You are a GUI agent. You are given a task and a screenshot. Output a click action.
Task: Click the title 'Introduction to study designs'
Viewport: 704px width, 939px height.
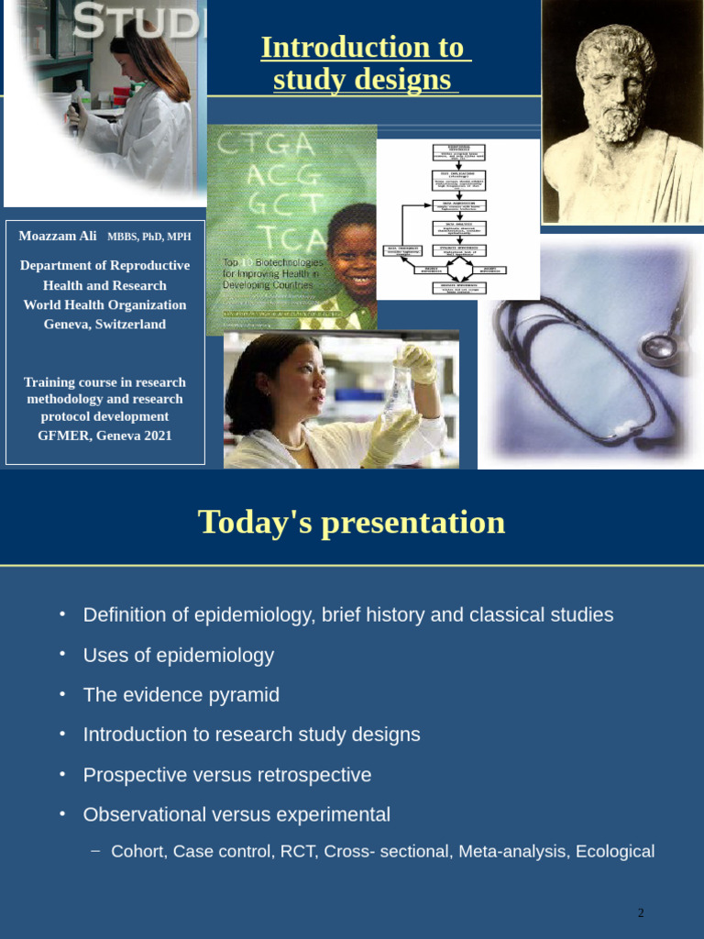coord(365,63)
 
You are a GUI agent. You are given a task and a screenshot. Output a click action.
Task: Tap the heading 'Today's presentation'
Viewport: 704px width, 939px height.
coord(352,522)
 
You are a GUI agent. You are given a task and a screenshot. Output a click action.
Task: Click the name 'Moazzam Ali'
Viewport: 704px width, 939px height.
coord(58,236)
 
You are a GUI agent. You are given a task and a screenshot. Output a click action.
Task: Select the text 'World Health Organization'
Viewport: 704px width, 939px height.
coord(104,304)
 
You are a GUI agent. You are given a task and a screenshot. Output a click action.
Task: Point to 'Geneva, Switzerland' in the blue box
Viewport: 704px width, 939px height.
coord(104,324)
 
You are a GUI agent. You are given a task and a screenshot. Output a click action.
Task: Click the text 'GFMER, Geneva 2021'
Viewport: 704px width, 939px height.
coord(104,435)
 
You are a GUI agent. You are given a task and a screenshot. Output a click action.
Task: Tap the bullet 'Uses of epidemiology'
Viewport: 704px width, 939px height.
coord(179,655)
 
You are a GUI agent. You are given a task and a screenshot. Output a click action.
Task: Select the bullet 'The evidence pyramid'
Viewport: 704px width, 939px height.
coord(181,694)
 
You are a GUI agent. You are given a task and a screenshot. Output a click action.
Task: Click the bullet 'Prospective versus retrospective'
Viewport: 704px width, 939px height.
coord(227,775)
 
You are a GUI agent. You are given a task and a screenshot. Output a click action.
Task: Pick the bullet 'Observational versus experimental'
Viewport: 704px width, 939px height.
coord(236,814)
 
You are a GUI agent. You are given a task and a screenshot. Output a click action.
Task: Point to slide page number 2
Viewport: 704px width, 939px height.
coord(641,912)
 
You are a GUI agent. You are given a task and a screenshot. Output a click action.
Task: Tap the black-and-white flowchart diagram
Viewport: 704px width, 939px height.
coord(458,219)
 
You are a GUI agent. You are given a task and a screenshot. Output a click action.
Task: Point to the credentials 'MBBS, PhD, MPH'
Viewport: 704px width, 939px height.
coord(149,237)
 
